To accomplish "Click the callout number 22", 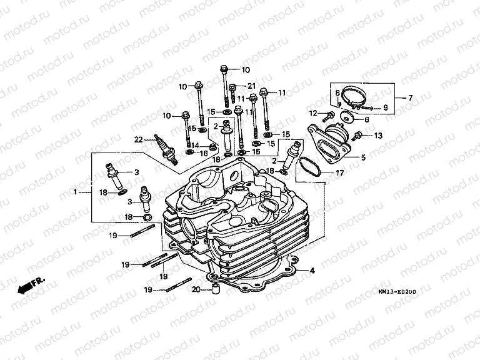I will pyautogui.click(x=139, y=139).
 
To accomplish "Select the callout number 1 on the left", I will pyautogui.click(x=75, y=192).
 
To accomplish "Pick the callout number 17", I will pyautogui.click(x=340, y=173).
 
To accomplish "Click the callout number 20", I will pyautogui.click(x=196, y=289).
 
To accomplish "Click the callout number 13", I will pyautogui.click(x=377, y=136).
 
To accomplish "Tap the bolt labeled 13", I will pyautogui.click(x=359, y=135).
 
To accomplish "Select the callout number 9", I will pyautogui.click(x=385, y=107).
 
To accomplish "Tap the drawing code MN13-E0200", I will pyautogui.click(x=396, y=292).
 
